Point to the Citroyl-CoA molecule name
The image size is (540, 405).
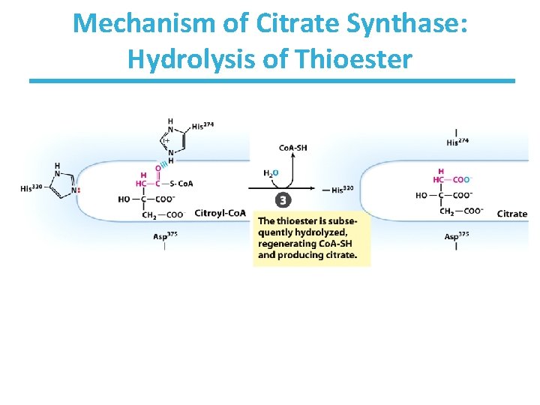point(220,213)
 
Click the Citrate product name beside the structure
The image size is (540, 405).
point(512,214)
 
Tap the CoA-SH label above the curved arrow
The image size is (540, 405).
point(292,148)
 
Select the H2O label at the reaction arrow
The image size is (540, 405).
point(271,173)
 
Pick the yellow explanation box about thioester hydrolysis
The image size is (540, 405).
point(312,238)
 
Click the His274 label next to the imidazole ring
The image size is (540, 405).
point(202,126)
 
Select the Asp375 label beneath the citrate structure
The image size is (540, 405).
point(456,236)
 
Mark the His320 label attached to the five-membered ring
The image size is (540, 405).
point(32,188)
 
